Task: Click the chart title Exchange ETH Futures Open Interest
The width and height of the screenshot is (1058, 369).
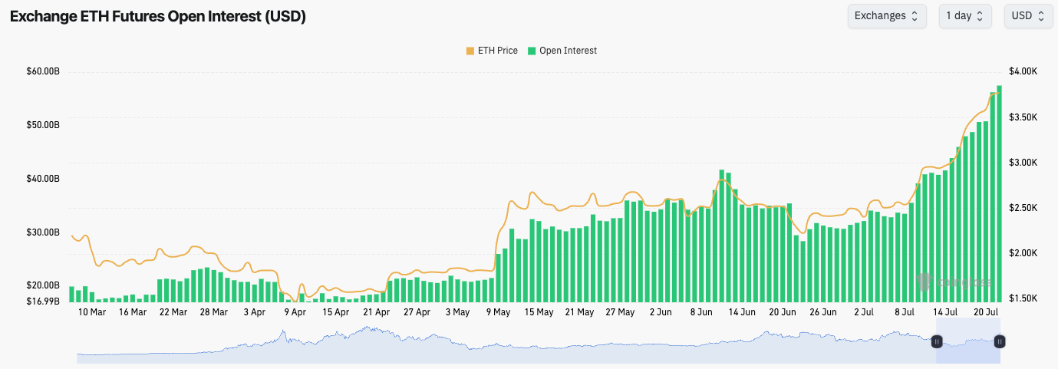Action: click(x=158, y=16)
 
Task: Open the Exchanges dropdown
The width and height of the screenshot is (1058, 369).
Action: click(x=886, y=16)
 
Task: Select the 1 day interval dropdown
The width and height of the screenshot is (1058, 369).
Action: click(x=964, y=16)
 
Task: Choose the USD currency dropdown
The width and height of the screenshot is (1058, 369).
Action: click(x=1028, y=16)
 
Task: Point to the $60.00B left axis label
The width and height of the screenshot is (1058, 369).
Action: click(x=43, y=71)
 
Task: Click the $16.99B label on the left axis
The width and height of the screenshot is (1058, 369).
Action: click(x=43, y=301)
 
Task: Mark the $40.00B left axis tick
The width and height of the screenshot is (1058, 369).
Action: click(x=43, y=179)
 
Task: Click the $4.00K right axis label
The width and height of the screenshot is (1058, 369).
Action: click(x=1023, y=71)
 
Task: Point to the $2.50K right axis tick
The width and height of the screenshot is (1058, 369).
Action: click(x=1023, y=208)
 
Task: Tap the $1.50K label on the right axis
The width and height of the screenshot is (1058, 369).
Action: click(x=1023, y=298)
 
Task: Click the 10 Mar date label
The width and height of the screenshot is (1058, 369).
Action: click(x=92, y=312)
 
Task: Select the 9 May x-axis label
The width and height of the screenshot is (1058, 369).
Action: click(x=498, y=312)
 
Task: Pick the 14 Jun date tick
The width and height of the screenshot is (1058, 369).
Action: click(x=742, y=312)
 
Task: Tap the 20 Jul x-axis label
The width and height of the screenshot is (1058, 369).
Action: click(x=986, y=312)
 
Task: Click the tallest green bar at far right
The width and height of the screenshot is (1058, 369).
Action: click(x=999, y=192)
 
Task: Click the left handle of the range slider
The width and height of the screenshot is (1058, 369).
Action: click(x=937, y=341)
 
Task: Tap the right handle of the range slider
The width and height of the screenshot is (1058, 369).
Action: click(x=1000, y=341)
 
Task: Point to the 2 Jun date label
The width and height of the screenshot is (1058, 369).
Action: click(x=661, y=312)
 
